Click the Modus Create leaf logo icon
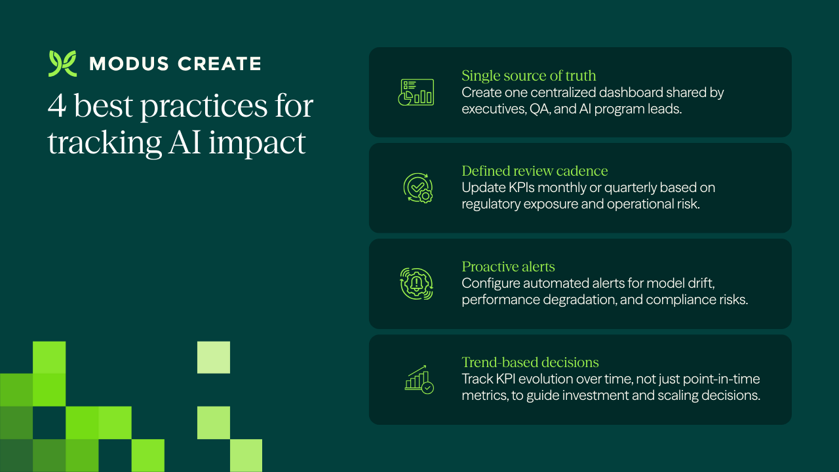coord(62,64)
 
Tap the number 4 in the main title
coord(57,106)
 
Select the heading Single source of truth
coord(528,75)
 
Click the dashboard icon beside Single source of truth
coord(417,92)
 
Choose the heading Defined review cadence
coord(534,171)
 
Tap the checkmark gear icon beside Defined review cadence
coord(417,187)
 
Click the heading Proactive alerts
coord(508,267)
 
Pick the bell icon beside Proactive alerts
coord(417,283)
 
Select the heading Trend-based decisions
coord(530,363)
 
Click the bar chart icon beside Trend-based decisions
coord(417,379)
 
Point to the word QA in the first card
coord(537,109)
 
